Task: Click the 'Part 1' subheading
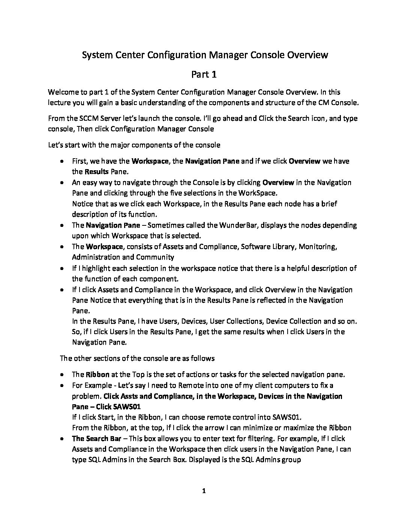[x=204, y=75]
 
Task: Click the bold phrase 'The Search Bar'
[x=96, y=438]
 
